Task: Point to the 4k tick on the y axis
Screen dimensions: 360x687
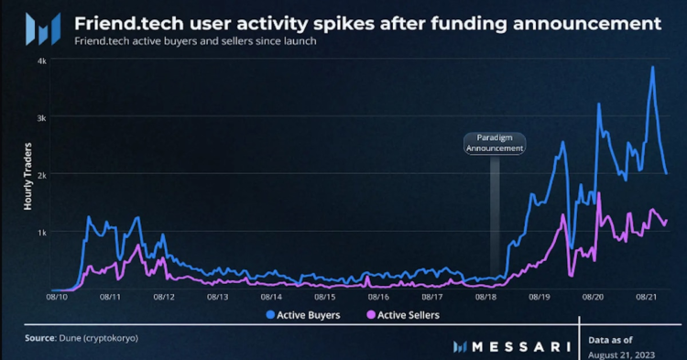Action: coord(41,60)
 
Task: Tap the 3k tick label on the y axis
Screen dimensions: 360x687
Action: coord(41,117)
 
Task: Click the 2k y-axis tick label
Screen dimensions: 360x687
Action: coord(41,174)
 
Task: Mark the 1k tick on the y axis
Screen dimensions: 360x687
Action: coord(41,232)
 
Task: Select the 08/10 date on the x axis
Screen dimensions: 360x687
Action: coord(57,297)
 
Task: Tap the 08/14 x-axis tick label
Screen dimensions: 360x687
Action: coord(271,297)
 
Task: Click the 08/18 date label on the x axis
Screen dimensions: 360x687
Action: coord(485,297)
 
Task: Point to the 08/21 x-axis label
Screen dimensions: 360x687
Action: coord(647,297)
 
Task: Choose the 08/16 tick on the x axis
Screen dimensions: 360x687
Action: coord(378,297)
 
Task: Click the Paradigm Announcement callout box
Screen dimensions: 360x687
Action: coord(495,142)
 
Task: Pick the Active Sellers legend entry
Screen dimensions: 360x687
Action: coord(402,315)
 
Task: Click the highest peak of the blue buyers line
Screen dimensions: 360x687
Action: coord(652,67)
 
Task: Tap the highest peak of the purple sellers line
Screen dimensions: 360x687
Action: coord(598,193)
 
